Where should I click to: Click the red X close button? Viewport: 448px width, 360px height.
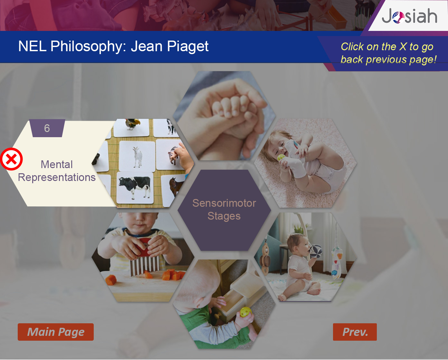[11, 159]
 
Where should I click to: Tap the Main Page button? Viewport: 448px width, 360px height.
[56, 332]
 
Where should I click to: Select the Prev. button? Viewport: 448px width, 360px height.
[355, 332]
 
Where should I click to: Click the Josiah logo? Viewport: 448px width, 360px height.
[409, 16]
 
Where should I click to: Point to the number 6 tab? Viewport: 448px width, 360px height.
[47, 128]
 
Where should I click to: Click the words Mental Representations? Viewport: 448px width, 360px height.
[57, 171]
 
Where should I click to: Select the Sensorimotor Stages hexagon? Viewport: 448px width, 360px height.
[224, 210]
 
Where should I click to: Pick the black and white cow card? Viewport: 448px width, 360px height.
[135, 187]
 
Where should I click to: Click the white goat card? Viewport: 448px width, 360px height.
[137, 156]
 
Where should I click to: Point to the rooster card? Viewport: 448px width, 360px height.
[132, 128]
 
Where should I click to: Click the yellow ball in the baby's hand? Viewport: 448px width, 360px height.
[246, 312]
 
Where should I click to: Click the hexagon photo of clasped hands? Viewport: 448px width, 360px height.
[224, 116]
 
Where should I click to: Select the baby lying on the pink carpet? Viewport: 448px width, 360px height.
[305, 163]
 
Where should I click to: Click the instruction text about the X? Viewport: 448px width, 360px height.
[388, 53]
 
